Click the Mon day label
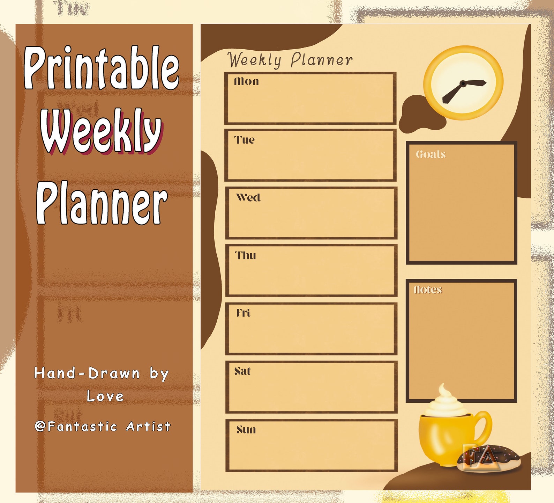pos(246,81)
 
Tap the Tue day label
pos(244,140)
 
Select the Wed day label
pos(248,198)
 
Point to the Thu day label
pos(246,255)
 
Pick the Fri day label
pos(244,313)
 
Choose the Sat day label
pos(242,371)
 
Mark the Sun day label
pos(246,429)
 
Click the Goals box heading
pos(431,154)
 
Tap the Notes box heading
pos(428,290)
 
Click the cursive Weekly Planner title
pos(290,60)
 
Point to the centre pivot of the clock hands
pos(463,83)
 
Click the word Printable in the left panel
pos(101,68)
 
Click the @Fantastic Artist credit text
pos(103,426)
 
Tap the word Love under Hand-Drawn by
pos(105,396)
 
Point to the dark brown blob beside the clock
pos(419,115)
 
